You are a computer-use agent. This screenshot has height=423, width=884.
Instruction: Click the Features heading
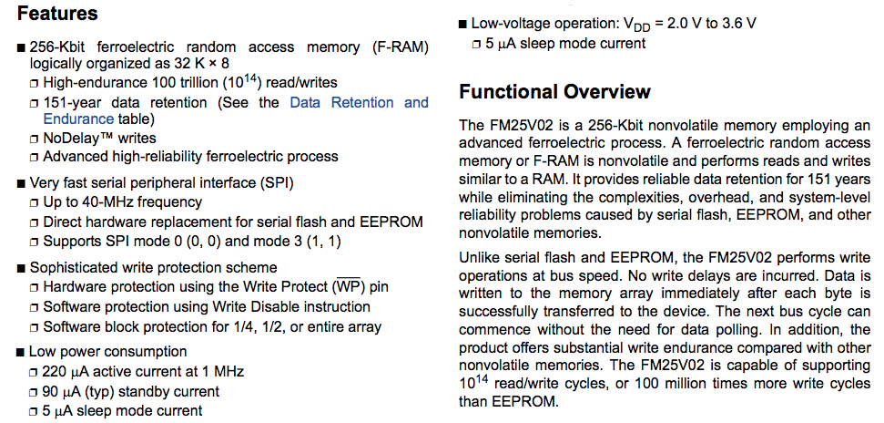coord(57,14)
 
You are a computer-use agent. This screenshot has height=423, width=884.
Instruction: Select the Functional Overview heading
coord(554,92)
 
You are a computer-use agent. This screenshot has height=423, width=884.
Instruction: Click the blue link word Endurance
coord(78,119)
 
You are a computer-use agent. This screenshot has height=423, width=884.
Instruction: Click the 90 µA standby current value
coord(61,391)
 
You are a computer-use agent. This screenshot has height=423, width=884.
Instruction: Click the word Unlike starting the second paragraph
coord(478,258)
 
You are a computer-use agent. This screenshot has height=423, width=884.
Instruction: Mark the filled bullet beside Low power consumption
coord(21,353)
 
